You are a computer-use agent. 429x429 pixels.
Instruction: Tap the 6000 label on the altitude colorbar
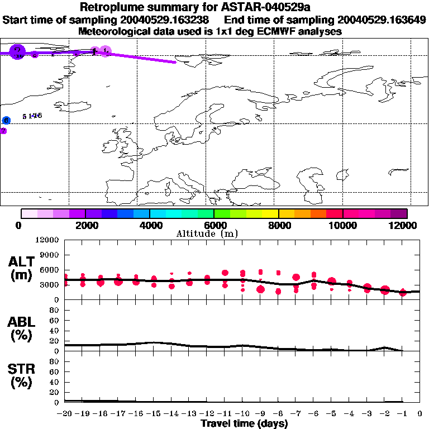click(x=214, y=225)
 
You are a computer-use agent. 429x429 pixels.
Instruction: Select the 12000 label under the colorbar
click(x=406, y=225)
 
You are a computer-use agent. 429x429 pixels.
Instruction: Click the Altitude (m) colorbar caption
click(x=214, y=233)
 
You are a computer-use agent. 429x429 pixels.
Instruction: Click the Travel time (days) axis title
click(x=244, y=424)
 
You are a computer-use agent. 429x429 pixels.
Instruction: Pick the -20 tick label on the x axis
click(x=64, y=414)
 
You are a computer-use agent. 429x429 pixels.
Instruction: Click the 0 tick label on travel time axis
click(x=420, y=414)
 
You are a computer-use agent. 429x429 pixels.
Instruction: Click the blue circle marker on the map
click(x=6, y=120)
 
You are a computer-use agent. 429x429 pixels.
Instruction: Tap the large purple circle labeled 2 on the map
click(x=18, y=53)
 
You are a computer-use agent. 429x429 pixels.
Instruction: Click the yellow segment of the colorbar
click(x=270, y=213)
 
